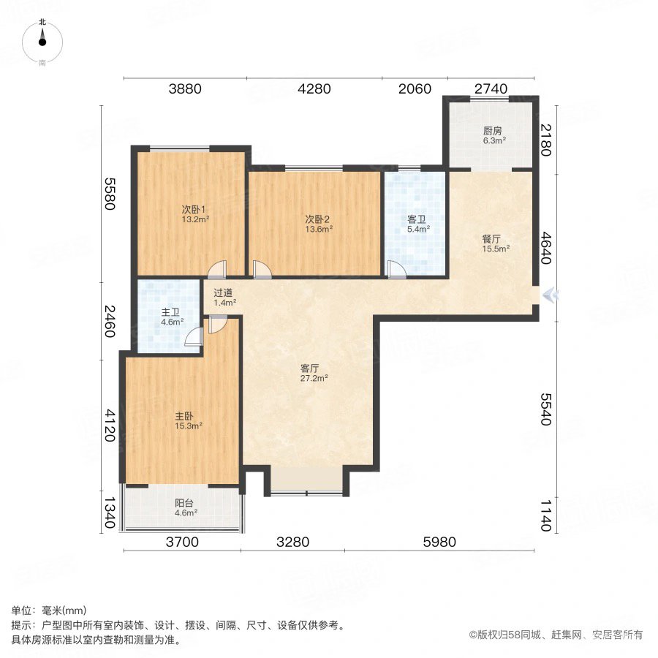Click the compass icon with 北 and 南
(x=42, y=43)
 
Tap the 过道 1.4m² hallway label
(x=225, y=297)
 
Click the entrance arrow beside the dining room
(x=551, y=295)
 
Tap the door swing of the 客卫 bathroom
(x=397, y=270)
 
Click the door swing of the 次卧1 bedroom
(x=216, y=271)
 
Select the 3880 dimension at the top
(x=184, y=89)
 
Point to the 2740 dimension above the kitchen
(x=490, y=89)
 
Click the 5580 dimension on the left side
(x=110, y=194)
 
